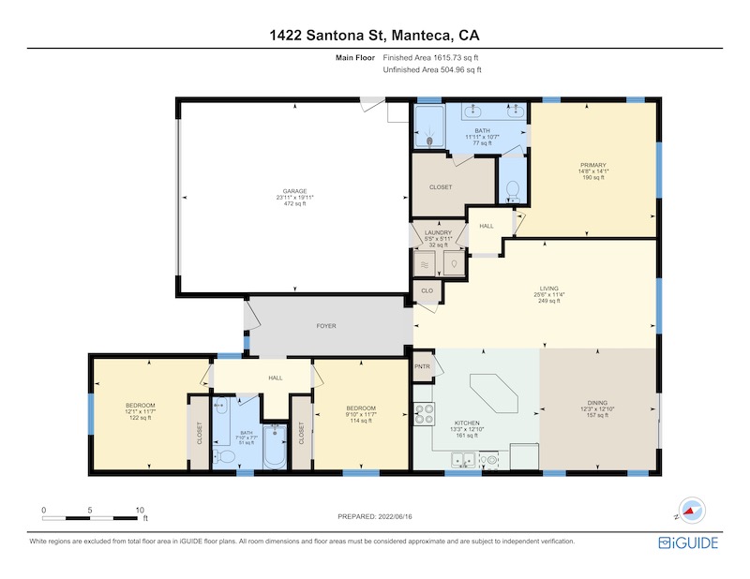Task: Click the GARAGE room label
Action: coord(294,191)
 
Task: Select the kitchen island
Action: coord(494,394)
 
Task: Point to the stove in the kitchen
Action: coord(424,414)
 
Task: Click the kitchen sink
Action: coord(463,460)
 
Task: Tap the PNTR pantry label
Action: coord(423,366)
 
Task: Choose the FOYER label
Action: coord(326,326)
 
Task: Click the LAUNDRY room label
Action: coord(438,233)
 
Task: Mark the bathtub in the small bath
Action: coord(275,447)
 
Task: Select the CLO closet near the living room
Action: coord(427,290)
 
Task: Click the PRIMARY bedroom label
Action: coord(593,166)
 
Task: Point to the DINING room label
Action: coord(597,403)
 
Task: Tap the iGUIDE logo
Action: coord(688,542)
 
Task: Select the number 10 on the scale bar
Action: coord(140,511)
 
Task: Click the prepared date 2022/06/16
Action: coord(395,516)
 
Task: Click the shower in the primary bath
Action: coord(429,126)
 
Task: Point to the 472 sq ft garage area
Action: coord(294,203)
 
